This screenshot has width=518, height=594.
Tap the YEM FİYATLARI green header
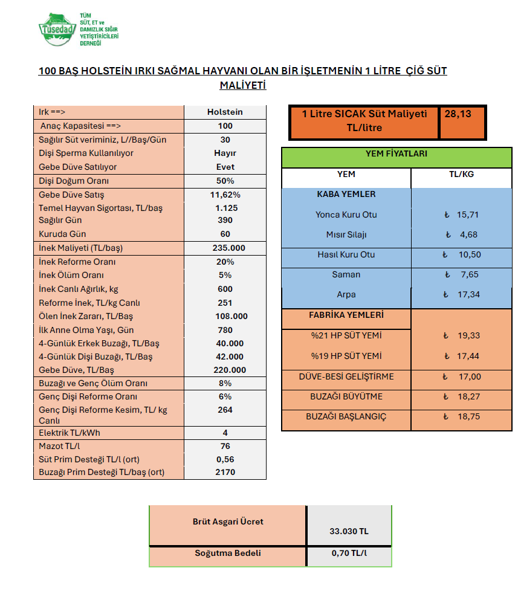(x=396, y=154)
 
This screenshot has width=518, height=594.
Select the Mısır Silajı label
(x=346, y=234)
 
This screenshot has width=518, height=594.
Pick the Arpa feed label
(x=346, y=295)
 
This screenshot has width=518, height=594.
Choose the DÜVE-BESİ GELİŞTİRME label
(x=346, y=376)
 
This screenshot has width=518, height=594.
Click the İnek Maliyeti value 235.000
(x=225, y=248)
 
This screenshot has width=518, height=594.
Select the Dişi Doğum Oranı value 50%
(x=225, y=181)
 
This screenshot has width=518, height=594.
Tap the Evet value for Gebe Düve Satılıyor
(x=225, y=167)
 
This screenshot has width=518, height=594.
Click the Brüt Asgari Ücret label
(x=228, y=521)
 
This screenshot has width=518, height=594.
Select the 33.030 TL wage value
(x=349, y=531)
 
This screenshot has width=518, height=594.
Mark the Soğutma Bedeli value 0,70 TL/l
(x=349, y=553)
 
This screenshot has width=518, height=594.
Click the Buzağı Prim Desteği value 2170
(x=225, y=472)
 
